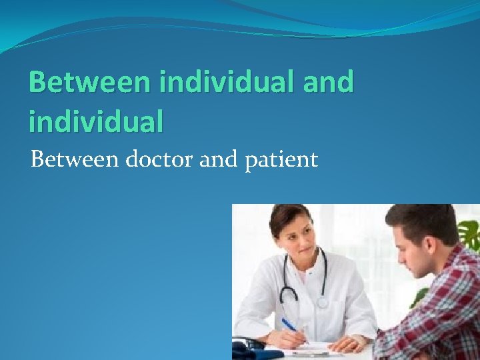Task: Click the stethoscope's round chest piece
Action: click(x=322, y=301)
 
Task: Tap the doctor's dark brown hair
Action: click(x=283, y=217)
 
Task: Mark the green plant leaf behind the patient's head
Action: click(x=470, y=233)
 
